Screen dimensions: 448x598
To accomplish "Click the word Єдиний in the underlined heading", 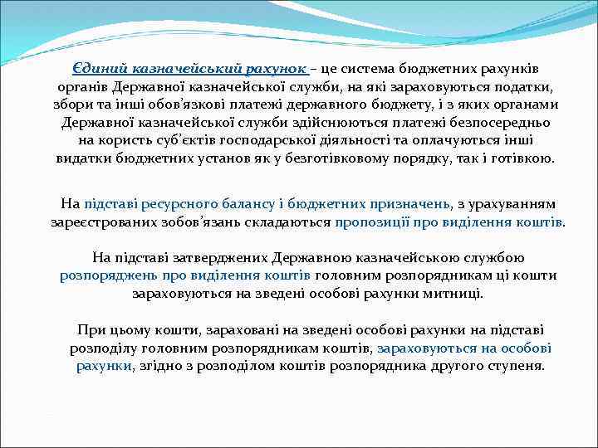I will point(98,69).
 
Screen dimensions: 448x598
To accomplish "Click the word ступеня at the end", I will point(517,366).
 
